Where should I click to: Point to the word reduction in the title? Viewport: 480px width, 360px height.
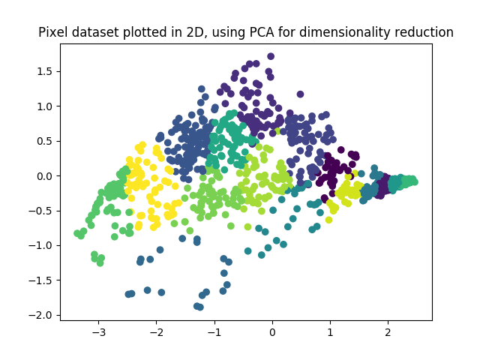pyautogui.click(x=426, y=32)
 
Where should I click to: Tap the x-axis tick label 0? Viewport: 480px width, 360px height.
pyautogui.click(x=272, y=331)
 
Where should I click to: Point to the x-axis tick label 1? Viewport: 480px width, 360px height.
pyautogui.click(x=330, y=331)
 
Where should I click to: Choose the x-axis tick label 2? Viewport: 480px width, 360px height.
pyautogui.click(x=388, y=331)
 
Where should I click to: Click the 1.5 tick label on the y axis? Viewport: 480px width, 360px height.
pyautogui.click(x=46, y=71)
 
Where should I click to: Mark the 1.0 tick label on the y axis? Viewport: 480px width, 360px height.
pyautogui.click(x=46, y=106)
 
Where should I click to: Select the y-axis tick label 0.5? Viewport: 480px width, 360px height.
pyautogui.click(x=46, y=141)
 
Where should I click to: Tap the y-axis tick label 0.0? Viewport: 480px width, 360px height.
pyautogui.click(x=46, y=175)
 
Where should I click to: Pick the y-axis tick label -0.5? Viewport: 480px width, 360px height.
pyautogui.click(x=43, y=211)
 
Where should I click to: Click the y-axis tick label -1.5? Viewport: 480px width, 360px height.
pyautogui.click(x=43, y=280)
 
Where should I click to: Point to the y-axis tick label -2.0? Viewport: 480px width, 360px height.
pyautogui.click(x=43, y=315)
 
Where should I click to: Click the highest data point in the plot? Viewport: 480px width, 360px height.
pyautogui.click(x=271, y=56)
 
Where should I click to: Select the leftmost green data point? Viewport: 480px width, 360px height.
pyautogui.click(x=77, y=233)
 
